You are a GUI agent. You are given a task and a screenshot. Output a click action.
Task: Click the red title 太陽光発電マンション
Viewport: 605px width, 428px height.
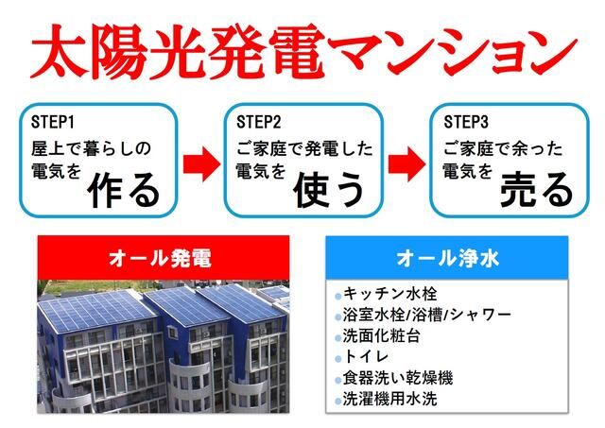(x=302, y=52)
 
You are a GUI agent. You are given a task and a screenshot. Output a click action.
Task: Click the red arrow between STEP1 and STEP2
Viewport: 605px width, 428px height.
(x=200, y=162)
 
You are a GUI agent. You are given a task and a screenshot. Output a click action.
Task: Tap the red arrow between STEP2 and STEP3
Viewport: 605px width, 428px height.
(x=406, y=162)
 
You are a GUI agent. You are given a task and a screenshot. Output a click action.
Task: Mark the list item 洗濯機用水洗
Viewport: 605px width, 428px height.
(x=392, y=399)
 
